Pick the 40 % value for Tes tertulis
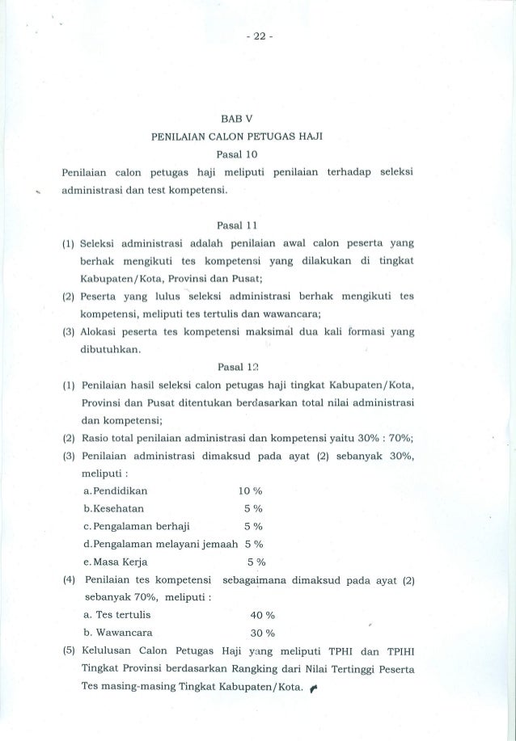tap(265, 613)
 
